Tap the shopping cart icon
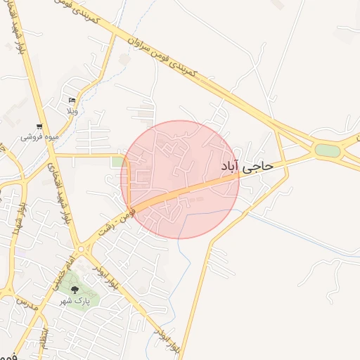coord(39,127)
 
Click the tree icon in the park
coord(75,288)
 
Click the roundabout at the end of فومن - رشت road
coord(82,248)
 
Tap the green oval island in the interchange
coord(327,150)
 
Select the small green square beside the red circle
coord(116,162)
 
